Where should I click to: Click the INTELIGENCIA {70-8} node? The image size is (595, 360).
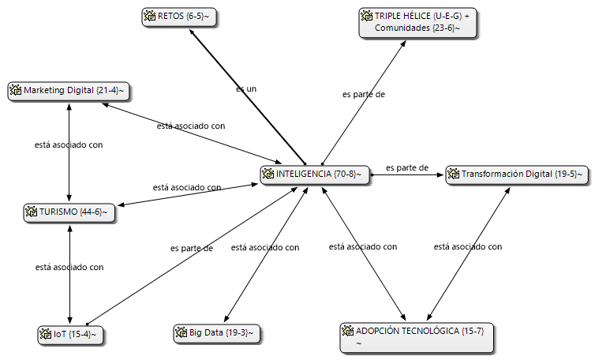point(315,174)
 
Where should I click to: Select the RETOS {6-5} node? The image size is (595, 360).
point(179,17)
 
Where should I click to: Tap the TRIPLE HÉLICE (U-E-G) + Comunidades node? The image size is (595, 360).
point(417,23)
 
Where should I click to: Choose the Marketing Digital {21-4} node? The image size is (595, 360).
point(69,92)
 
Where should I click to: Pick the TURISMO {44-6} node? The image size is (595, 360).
point(69,212)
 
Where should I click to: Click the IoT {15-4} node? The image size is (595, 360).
point(70,335)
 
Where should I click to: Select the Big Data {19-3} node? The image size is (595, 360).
point(217,333)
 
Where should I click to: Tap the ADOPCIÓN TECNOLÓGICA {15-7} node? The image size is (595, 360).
point(417,338)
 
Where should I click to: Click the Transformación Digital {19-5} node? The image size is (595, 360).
point(517,174)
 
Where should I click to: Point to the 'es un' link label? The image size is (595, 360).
point(246,89)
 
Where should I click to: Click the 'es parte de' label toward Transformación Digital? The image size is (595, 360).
point(407,167)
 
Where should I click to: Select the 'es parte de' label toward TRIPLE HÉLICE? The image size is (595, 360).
point(364,94)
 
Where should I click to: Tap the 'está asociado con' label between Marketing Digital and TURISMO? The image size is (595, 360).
point(69,144)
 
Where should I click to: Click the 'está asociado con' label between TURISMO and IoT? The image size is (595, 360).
point(69,267)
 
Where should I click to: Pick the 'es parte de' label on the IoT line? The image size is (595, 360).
point(192,248)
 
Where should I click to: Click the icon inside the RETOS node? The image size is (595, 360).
point(149,16)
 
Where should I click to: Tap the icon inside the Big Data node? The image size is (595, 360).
point(181,332)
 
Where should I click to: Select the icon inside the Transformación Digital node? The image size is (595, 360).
point(453,174)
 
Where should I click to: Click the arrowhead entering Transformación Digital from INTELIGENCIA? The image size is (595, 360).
point(440,175)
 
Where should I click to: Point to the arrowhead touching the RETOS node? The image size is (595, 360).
point(192,32)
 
